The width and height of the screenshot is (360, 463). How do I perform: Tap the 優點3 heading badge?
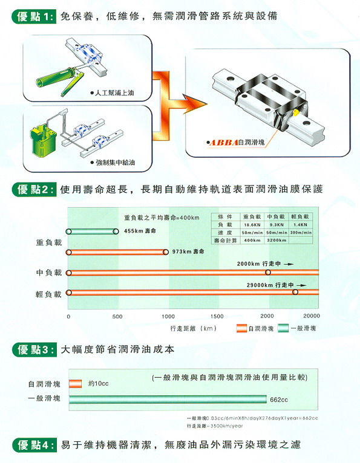(x=35, y=349)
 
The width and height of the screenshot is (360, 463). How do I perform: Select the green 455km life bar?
(x=93, y=231)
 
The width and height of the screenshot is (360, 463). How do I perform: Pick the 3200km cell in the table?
(x=276, y=240)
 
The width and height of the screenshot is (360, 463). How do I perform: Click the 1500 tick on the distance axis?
(x=217, y=316)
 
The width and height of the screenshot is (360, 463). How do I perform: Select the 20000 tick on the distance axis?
(x=312, y=316)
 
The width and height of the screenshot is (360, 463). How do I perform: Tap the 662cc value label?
(x=279, y=399)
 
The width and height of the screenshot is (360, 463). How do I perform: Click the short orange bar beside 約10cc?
(x=75, y=383)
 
